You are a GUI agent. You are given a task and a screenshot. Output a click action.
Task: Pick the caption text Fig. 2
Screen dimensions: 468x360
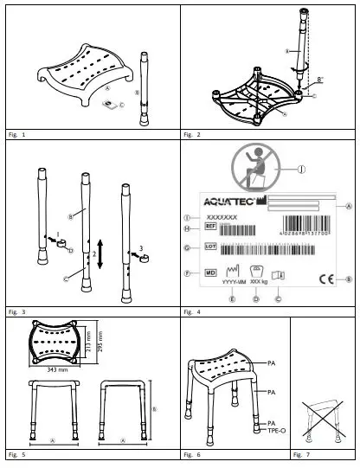click(x=193, y=136)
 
